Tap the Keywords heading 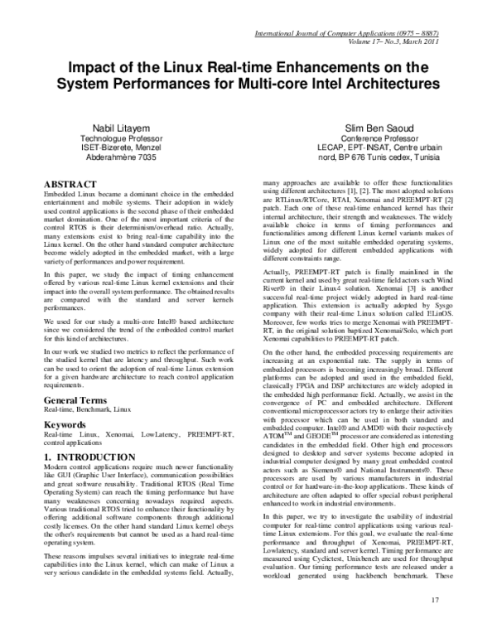66,424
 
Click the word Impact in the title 92,70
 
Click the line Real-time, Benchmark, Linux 88,410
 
